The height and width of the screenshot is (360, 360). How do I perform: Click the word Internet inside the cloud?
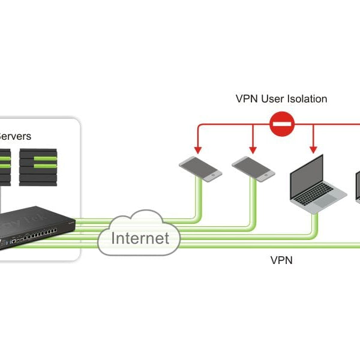(140, 238)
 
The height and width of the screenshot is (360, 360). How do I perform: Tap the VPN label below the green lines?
(281, 261)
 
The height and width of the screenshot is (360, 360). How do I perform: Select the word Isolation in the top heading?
(302, 98)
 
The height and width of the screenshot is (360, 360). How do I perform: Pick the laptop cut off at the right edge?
(358, 189)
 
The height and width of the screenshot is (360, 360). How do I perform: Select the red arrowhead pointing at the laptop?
(313, 149)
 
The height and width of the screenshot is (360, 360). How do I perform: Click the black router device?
(36, 228)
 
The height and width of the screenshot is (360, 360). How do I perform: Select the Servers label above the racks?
(15, 136)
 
